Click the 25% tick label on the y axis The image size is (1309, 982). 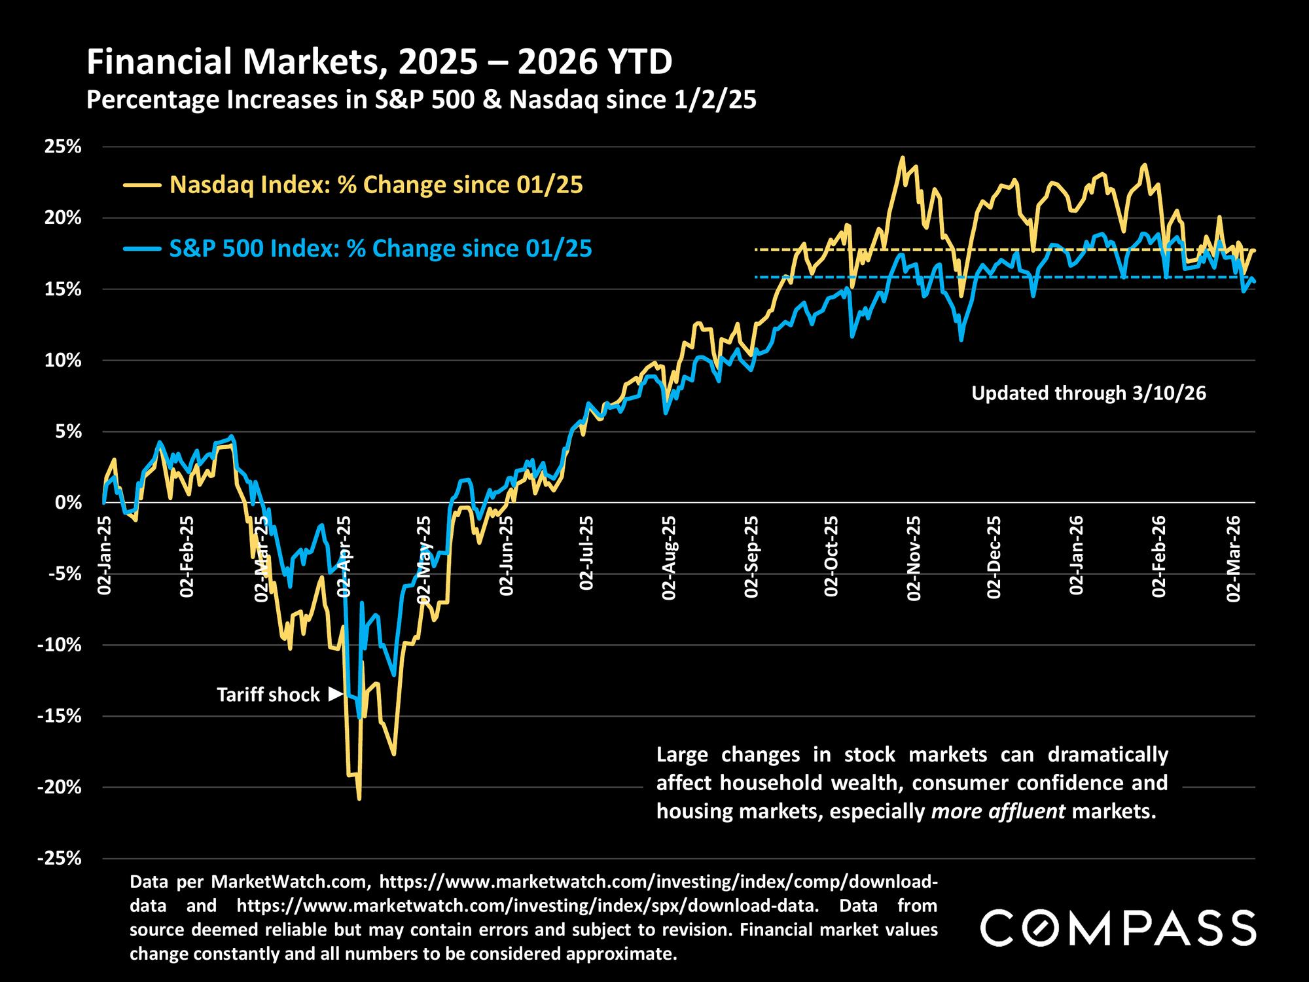coord(62,146)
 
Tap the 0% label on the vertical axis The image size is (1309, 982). coord(67,503)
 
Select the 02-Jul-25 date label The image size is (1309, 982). coord(587,553)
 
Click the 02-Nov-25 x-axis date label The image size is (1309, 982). coord(914,558)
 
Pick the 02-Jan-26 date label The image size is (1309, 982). coord(1077,555)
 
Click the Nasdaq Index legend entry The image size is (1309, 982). coord(376,185)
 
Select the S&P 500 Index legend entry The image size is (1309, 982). coord(380,249)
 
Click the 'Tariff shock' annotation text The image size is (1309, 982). coord(268,695)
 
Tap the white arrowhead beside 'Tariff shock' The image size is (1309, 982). coord(336,694)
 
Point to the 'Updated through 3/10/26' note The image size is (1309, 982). coord(1088,393)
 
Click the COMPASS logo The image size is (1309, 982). coord(1119,928)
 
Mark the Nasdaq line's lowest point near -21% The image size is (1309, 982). coord(359,798)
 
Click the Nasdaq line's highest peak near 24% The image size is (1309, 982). coord(903,158)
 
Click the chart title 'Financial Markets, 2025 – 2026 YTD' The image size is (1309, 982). coord(380,63)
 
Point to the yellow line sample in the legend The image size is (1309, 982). coord(142,186)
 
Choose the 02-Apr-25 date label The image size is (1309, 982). coord(344,556)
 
